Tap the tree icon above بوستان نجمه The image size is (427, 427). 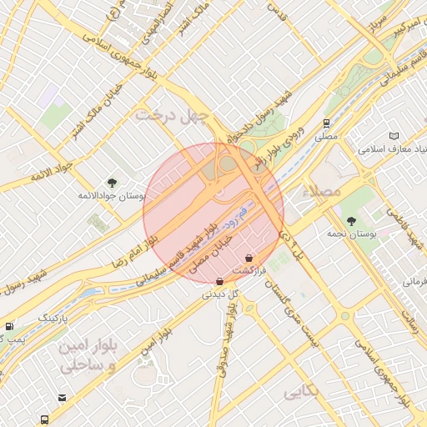click(351, 221)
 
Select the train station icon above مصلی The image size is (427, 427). click(327, 123)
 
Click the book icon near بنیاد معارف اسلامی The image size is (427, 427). click(394, 136)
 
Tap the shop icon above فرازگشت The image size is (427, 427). click(249, 259)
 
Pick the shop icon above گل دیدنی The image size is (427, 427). click(219, 281)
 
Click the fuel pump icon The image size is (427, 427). click(9, 326)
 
